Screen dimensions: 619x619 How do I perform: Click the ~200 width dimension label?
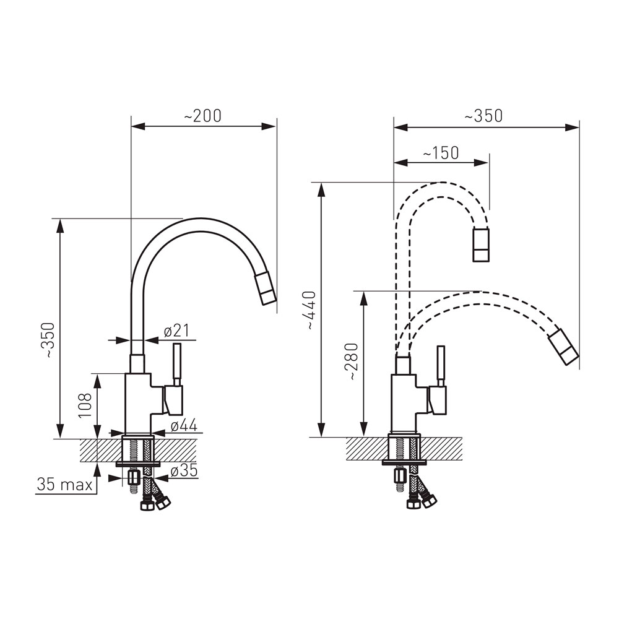[x=202, y=116]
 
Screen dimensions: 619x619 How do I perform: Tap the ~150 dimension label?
[x=441, y=153]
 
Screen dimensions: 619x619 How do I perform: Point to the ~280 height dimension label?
[x=351, y=362]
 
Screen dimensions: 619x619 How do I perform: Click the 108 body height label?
[x=85, y=405]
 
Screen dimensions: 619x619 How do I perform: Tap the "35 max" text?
[x=64, y=485]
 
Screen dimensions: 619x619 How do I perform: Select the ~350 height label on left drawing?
[x=50, y=340]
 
